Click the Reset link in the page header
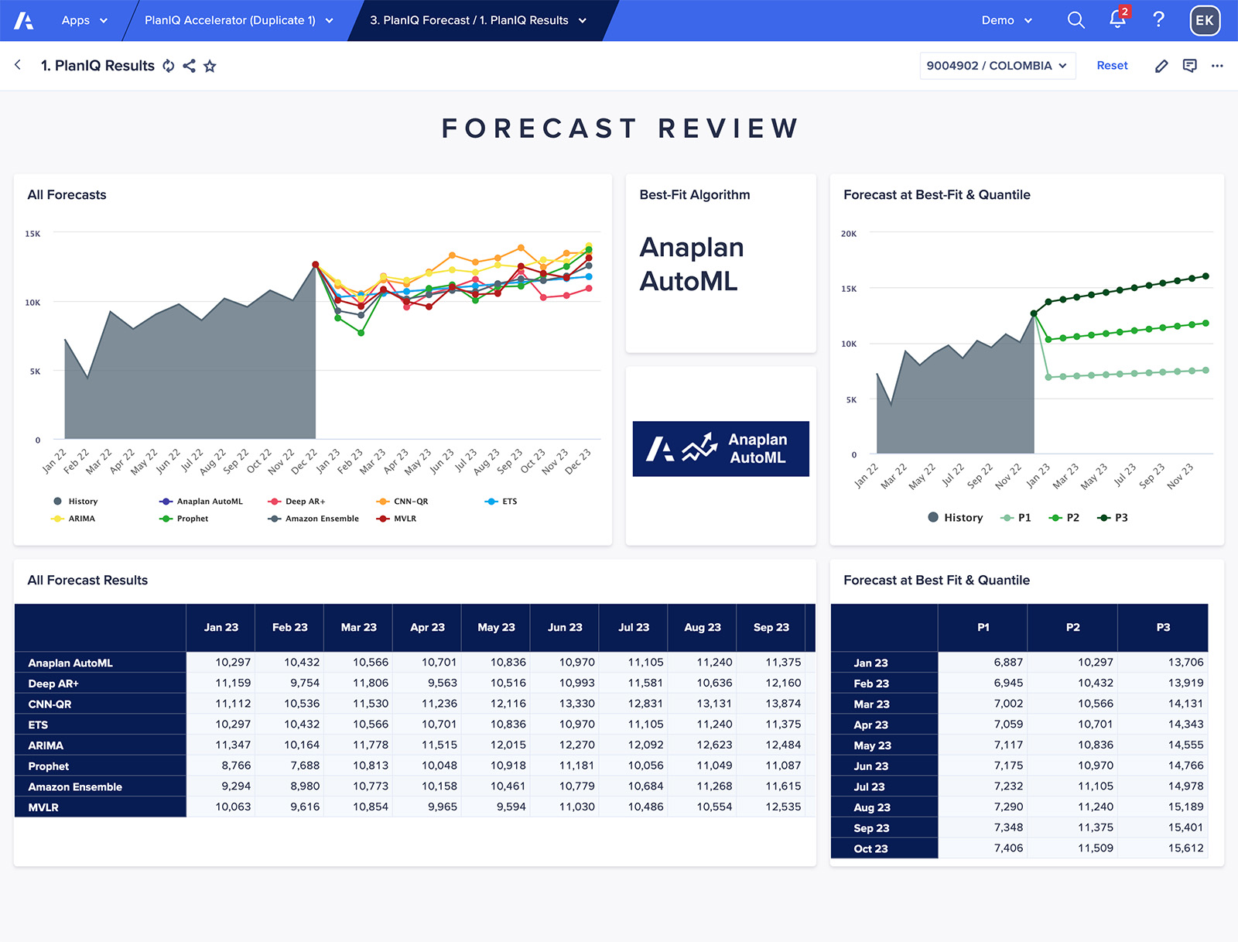pos(1112,66)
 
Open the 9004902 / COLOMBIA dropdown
pos(997,66)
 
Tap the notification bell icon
pos(1117,20)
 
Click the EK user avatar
pos(1204,21)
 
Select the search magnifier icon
pos(1076,20)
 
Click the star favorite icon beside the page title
pos(210,67)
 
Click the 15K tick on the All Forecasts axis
pos(32,234)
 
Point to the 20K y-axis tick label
pos(849,234)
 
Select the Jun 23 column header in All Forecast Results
pos(565,628)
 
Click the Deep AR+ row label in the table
pos(53,683)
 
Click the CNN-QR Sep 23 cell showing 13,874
pos(783,704)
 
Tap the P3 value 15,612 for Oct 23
pos(1185,848)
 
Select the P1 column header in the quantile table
pos(983,628)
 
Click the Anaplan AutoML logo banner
pos(720,449)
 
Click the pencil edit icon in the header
pos(1161,67)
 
